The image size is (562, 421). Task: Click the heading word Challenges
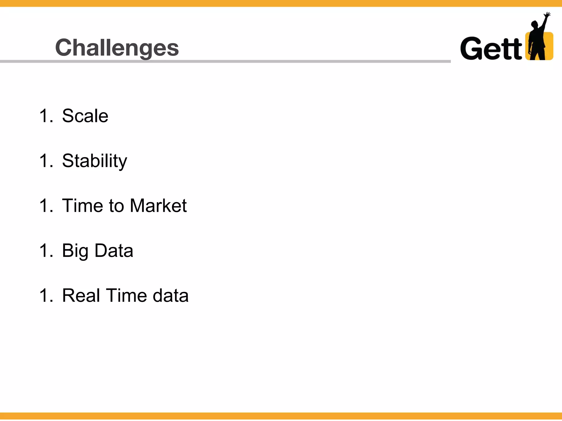[x=117, y=48]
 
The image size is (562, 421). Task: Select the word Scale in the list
[x=85, y=116]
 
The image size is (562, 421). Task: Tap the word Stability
[x=94, y=161]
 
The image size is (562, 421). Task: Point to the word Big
[x=75, y=251]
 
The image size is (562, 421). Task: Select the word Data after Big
[x=114, y=251]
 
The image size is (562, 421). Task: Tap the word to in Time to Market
[x=116, y=206]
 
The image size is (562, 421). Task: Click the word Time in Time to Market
[x=82, y=206]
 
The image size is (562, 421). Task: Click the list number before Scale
[x=46, y=116]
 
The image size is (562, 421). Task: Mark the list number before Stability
[x=46, y=161]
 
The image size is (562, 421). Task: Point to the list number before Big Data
[x=46, y=251]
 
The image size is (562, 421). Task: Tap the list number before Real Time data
[x=46, y=296]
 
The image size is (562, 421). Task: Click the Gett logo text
[x=491, y=49]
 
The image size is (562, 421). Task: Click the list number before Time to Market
[x=46, y=206]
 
